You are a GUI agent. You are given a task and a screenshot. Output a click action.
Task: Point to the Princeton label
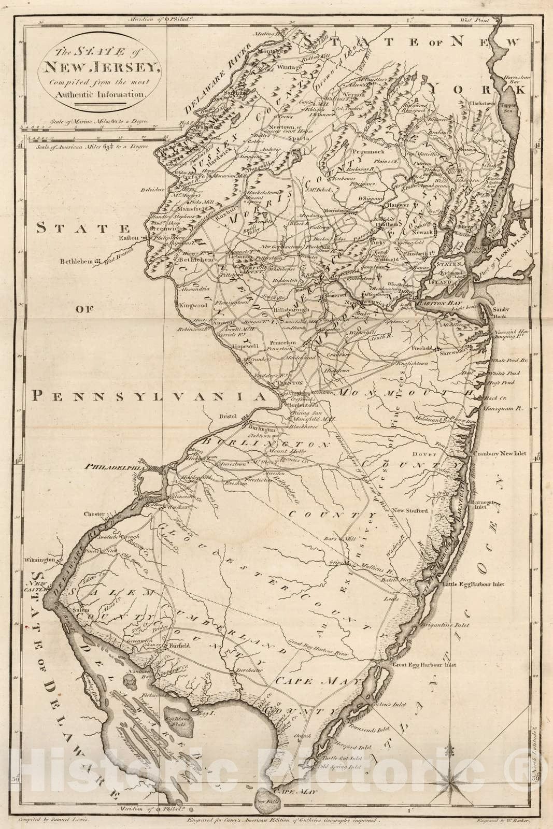pyautogui.click(x=297, y=342)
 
